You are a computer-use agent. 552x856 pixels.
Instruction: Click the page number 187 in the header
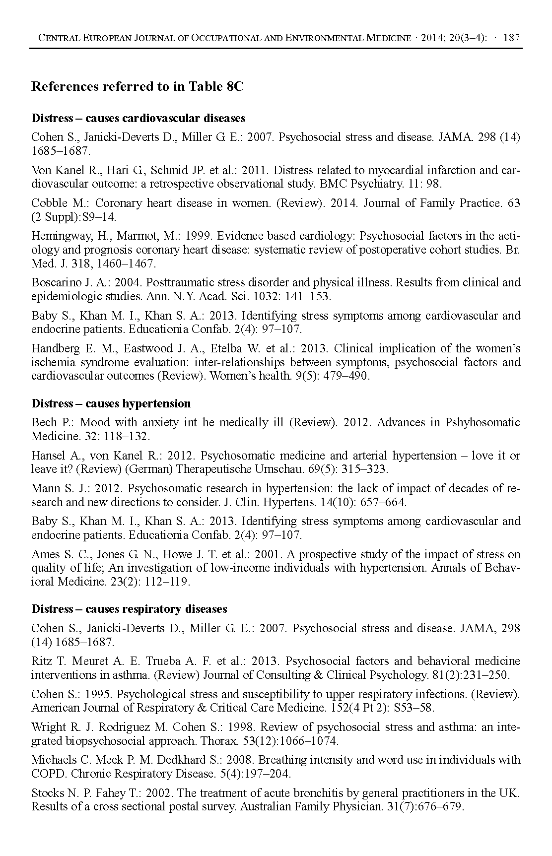511,38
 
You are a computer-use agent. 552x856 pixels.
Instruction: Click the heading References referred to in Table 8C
138,87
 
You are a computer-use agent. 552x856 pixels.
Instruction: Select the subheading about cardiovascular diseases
138,118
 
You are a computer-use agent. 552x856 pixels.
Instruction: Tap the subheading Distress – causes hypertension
111,403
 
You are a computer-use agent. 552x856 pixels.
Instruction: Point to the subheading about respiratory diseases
129,609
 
